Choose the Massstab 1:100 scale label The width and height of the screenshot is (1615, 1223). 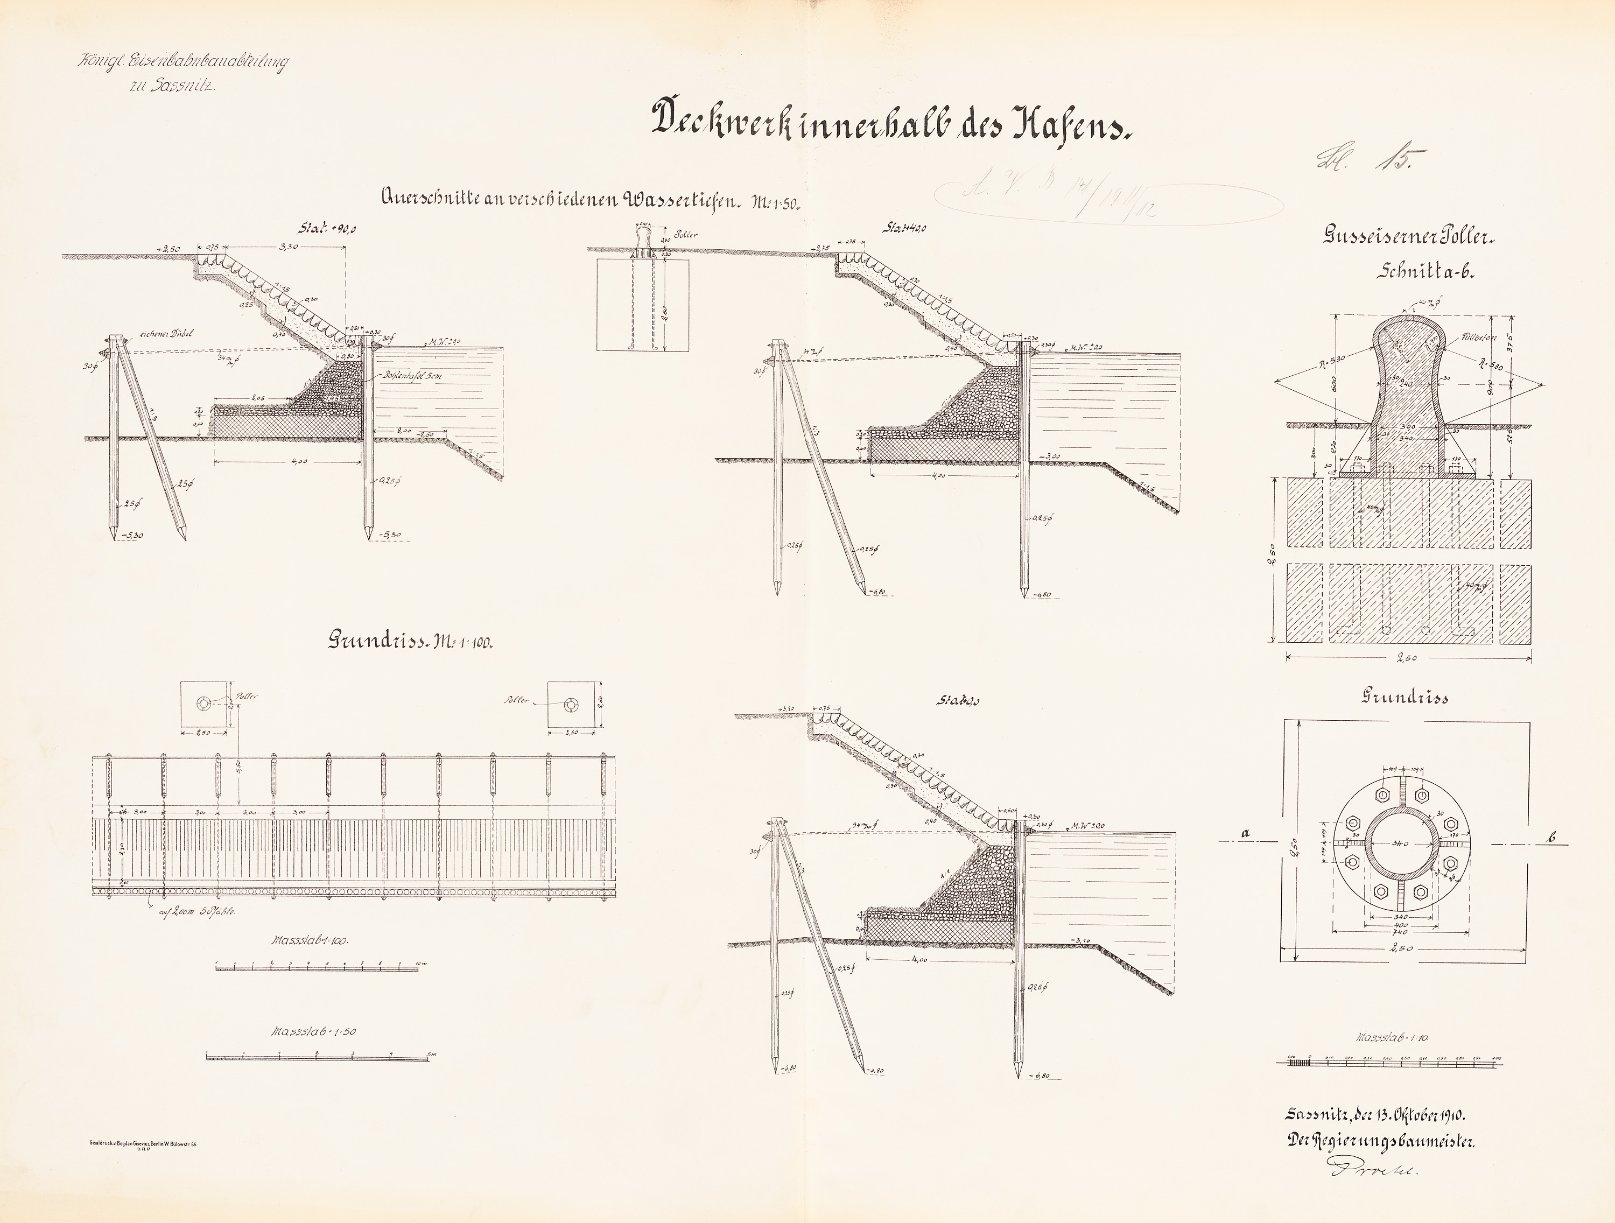tap(310, 940)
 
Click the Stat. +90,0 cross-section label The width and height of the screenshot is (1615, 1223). tap(327, 229)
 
